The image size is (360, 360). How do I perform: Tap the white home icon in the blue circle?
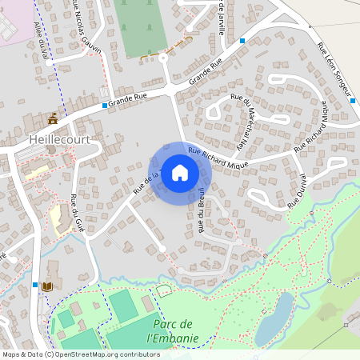[x=180, y=172]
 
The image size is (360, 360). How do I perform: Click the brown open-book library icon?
[x=47, y=286]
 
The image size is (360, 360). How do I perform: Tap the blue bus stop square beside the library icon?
[x=35, y=284]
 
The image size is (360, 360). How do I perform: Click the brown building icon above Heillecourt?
[x=53, y=119]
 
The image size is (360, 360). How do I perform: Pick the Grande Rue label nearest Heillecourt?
[x=130, y=100]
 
